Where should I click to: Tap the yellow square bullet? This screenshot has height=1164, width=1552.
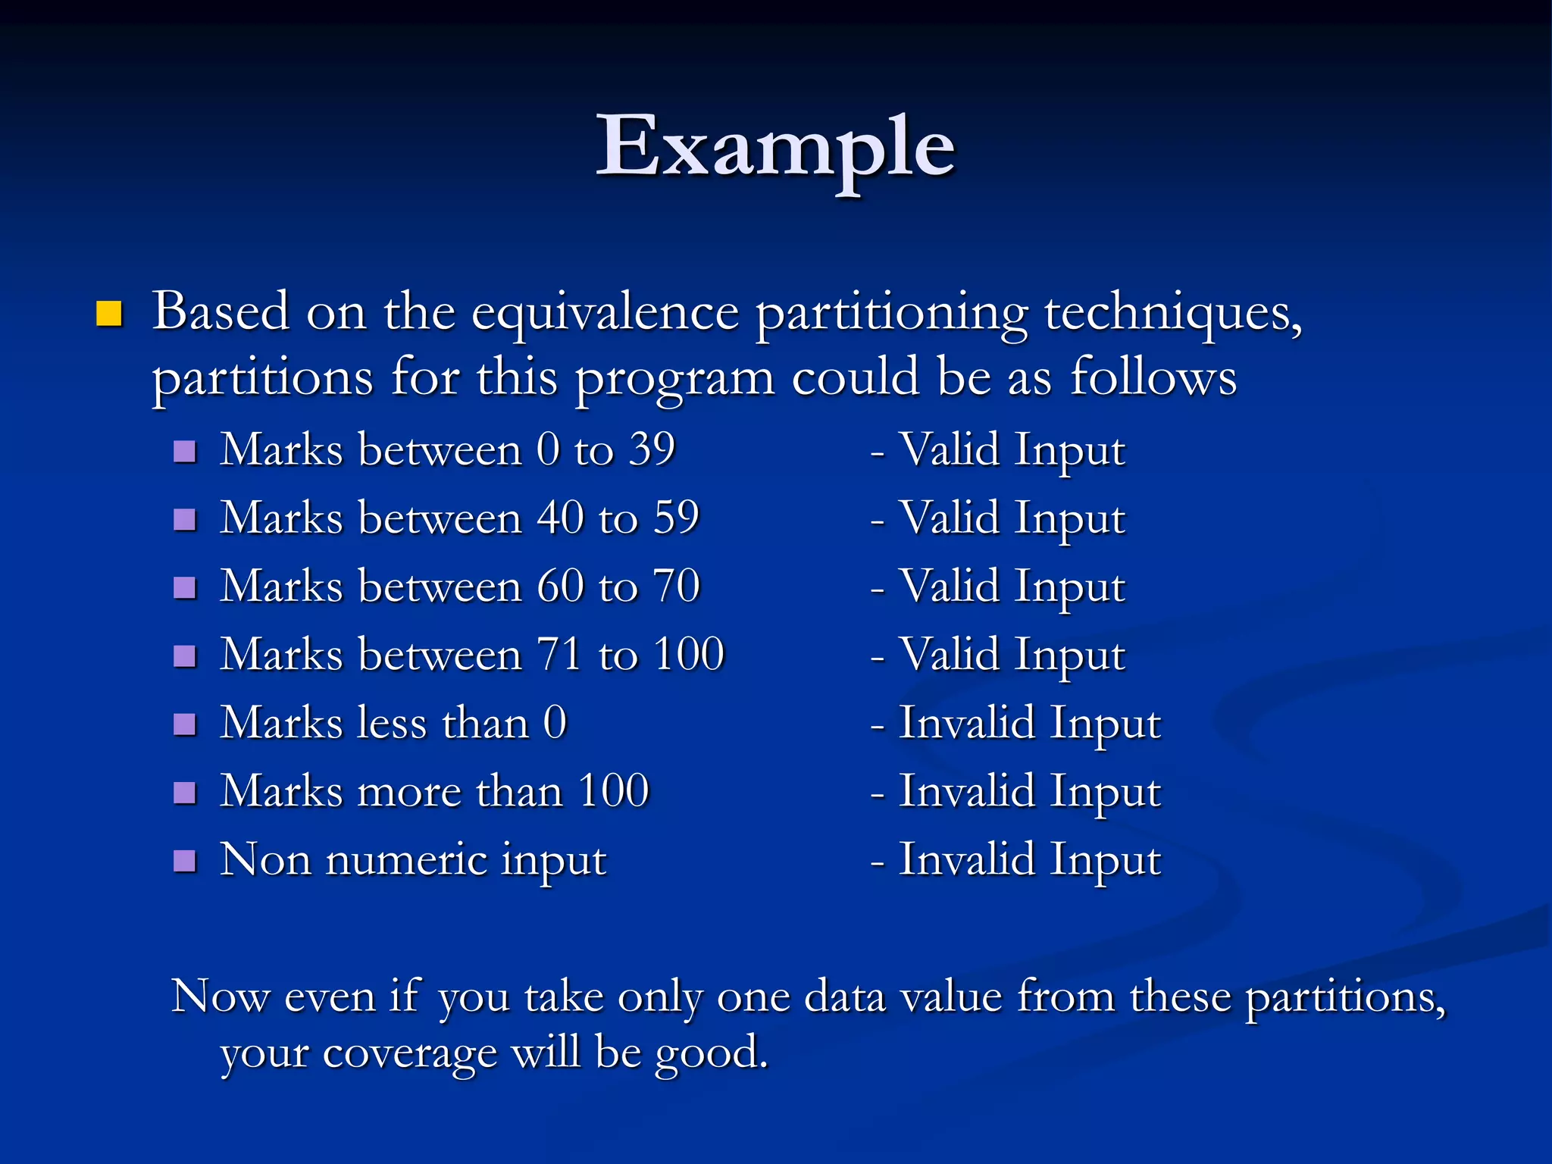[x=109, y=313]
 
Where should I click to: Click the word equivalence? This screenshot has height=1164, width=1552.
[x=605, y=313]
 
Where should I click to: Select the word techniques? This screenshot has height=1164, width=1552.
[x=1172, y=313]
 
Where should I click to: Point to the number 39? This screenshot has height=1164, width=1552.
[x=652, y=449]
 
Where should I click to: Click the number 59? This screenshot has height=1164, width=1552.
[x=676, y=518]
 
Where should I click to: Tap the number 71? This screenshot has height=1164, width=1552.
[x=560, y=655]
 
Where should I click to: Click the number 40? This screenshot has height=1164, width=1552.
[x=560, y=518]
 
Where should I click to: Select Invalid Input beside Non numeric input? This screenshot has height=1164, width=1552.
[x=1029, y=861]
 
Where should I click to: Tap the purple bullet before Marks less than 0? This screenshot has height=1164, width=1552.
[x=185, y=725]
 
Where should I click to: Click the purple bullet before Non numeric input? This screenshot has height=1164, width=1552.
[x=185, y=862]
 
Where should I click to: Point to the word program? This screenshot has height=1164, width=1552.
[x=674, y=379]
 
